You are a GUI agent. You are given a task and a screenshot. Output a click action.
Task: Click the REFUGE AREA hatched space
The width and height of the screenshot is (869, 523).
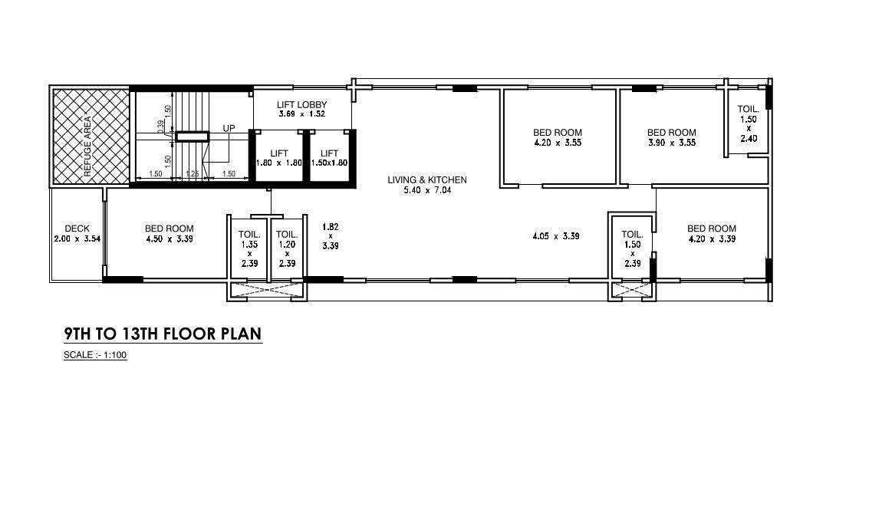pyautogui.click(x=90, y=137)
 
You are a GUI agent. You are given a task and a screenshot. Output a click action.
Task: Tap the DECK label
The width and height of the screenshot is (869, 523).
pyautogui.click(x=77, y=229)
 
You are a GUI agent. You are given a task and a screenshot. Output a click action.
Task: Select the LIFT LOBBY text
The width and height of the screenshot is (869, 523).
pyautogui.click(x=301, y=104)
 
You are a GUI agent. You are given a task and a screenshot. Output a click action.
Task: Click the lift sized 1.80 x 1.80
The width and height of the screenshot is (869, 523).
pyautogui.click(x=278, y=158)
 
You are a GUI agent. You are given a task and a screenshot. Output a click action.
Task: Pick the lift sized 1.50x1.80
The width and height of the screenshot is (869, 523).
pyautogui.click(x=329, y=158)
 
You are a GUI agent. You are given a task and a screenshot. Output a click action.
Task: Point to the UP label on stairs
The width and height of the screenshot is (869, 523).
pyautogui.click(x=229, y=128)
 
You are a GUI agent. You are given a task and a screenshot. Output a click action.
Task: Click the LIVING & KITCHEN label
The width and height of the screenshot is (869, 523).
pyautogui.click(x=426, y=180)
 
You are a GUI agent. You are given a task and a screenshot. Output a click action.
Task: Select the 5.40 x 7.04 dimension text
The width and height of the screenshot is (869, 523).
pyautogui.click(x=426, y=190)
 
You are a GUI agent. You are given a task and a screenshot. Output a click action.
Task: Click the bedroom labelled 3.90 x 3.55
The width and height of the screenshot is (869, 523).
pyautogui.click(x=671, y=137)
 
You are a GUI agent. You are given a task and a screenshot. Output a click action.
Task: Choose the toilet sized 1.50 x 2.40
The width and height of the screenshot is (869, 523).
pyautogui.click(x=748, y=123)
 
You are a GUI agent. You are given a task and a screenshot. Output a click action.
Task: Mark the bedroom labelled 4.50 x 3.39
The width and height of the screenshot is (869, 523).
pyautogui.click(x=169, y=233)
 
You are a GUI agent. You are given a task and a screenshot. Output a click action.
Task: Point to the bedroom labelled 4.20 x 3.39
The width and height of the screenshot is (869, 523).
pyautogui.click(x=711, y=233)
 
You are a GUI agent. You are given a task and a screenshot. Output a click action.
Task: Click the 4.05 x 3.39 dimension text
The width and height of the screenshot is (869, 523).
pyautogui.click(x=555, y=236)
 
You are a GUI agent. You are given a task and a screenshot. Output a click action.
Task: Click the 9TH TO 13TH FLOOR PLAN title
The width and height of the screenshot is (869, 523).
pyautogui.click(x=163, y=334)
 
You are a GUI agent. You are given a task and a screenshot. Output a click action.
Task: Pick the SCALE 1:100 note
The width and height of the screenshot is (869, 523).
pyautogui.click(x=95, y=355)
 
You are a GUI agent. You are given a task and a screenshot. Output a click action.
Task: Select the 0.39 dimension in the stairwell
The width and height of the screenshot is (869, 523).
pyautogui.click(x=160, y=124)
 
